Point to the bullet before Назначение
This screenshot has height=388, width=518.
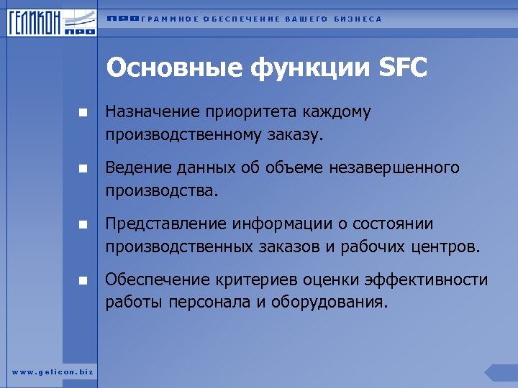click(x=83, y=113)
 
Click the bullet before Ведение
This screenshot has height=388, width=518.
click(x=83, y=169)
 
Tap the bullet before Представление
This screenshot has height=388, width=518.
click(x=83, y=225)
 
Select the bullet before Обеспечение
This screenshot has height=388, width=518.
click(x=83, y=281)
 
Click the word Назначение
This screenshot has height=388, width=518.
click(x=153, y=112)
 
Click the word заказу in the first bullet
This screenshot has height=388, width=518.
click(x=293, y=134)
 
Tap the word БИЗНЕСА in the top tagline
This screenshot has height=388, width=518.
click(x=358, y=19)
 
